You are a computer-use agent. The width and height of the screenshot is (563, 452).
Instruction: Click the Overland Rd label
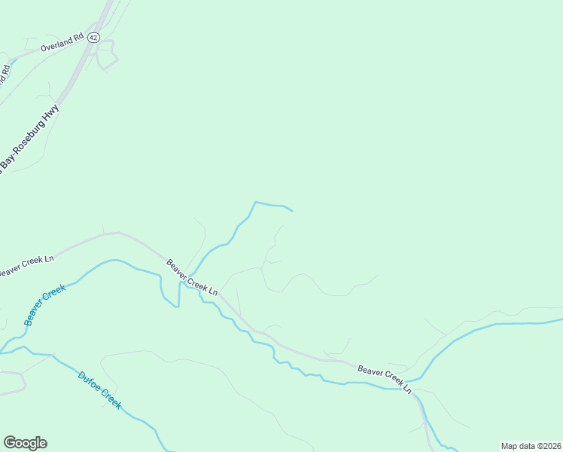[x=62, y=44]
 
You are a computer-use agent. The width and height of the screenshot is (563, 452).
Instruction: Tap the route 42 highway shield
[x=93, y=37]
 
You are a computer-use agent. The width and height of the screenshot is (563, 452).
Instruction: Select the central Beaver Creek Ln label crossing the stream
[x=193, y=278]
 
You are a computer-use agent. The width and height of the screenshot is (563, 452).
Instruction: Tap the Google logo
[x=25, y=443]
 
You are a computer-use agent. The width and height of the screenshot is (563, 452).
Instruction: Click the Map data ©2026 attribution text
[x=531, y=446]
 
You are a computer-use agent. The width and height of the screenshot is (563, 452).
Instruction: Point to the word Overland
[x=56, y=46]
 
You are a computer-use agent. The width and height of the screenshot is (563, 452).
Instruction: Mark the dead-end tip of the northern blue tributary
[x=292, y=210]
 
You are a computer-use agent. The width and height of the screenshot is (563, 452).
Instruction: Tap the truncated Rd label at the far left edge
[x=5, y=74]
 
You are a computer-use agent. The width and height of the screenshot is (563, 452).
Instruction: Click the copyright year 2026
[x=552, y=446]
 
